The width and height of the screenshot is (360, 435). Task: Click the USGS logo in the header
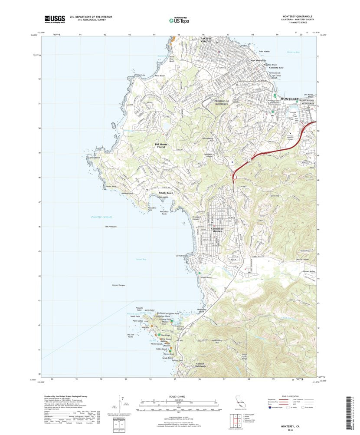tap(55, 19)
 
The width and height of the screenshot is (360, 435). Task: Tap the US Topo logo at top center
tap(180, 19)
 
